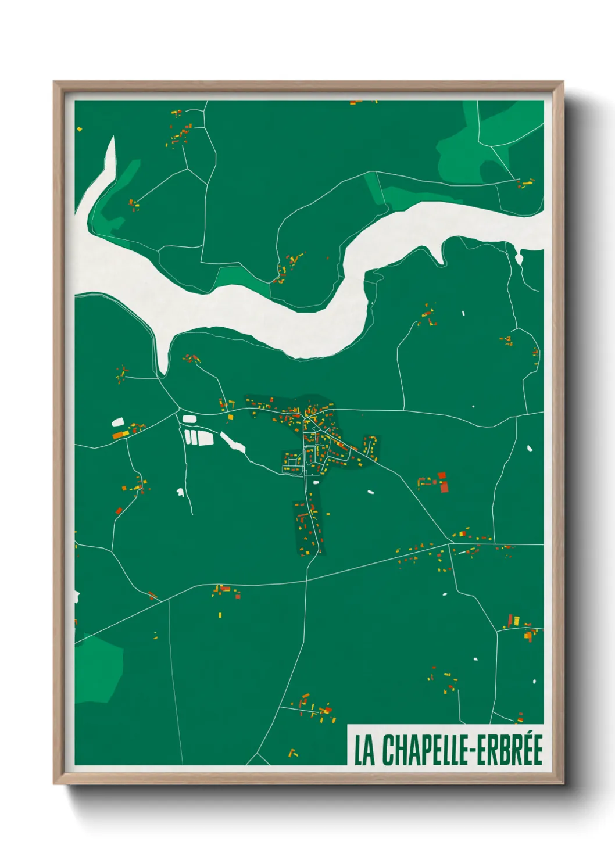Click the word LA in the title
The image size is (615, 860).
[364, 750]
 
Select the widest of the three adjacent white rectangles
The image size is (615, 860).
[206, 438]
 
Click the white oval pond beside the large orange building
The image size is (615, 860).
[118, 422]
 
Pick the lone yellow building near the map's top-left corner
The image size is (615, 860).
[79, 129]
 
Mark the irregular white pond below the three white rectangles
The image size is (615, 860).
[180, 493]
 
